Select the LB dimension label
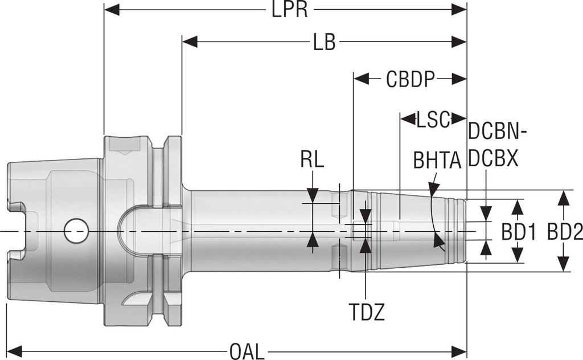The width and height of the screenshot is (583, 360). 325,42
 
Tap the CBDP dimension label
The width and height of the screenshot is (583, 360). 410,79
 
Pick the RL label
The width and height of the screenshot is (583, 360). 312,161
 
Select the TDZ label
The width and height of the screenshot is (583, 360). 367,312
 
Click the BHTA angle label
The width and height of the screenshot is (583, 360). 437,161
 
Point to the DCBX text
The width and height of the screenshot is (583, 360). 493,159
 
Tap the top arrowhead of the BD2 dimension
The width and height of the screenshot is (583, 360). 564,197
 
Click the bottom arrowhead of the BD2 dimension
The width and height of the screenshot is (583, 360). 564,265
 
